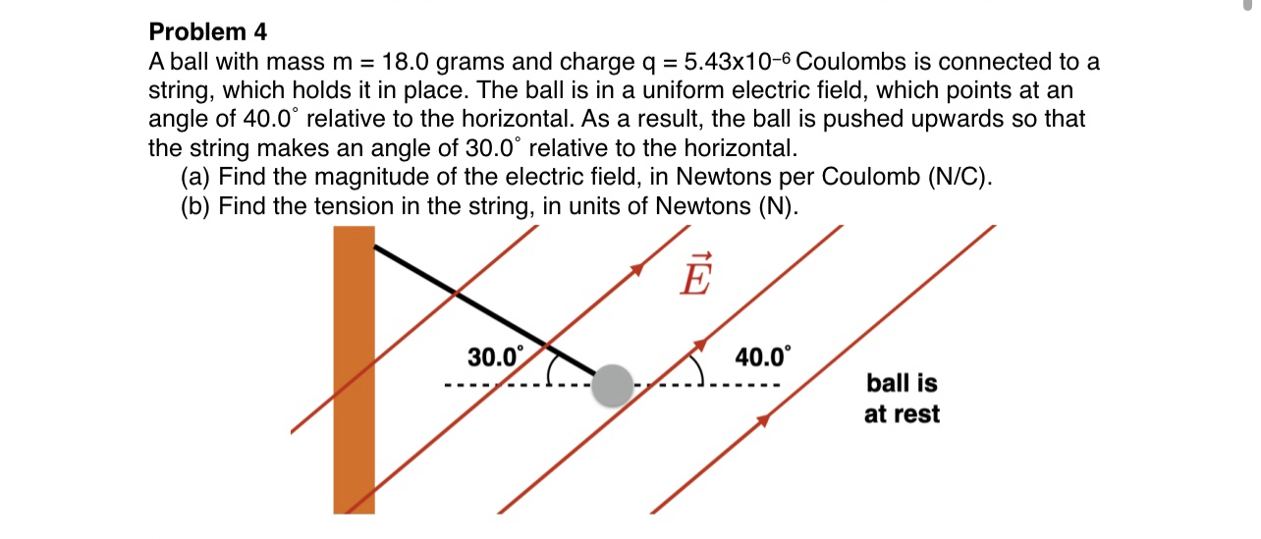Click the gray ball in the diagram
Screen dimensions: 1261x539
point(614,384)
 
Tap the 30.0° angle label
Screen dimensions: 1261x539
point(496,356)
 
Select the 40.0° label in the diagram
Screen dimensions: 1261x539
point(762,355)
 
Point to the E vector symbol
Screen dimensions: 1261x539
point(693,274)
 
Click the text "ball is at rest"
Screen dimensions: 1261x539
point(902,398)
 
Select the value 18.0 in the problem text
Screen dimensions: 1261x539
point(405,63)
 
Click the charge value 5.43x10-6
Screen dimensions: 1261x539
point(736,63)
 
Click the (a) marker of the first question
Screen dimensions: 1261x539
point(196,178)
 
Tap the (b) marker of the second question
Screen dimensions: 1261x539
point(196,207)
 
